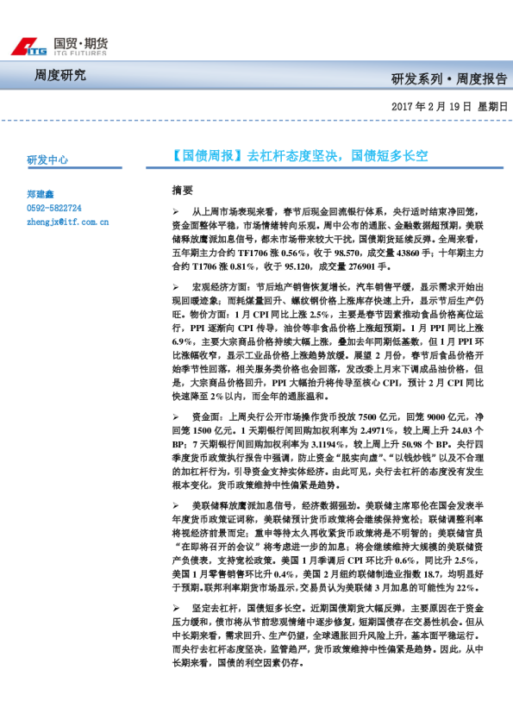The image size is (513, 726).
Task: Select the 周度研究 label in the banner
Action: pos(59,75)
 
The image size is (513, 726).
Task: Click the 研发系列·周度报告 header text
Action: pos(449,79)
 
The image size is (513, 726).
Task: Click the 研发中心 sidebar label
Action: pos(48,160)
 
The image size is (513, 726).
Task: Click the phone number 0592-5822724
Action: pos(54,209)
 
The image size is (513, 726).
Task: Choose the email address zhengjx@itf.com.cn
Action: pos(67,222)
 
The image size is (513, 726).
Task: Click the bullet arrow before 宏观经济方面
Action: pos(175,284)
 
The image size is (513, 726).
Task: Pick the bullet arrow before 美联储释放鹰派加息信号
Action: pos(175,505)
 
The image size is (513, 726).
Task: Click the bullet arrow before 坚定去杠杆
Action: pos(175,608)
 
